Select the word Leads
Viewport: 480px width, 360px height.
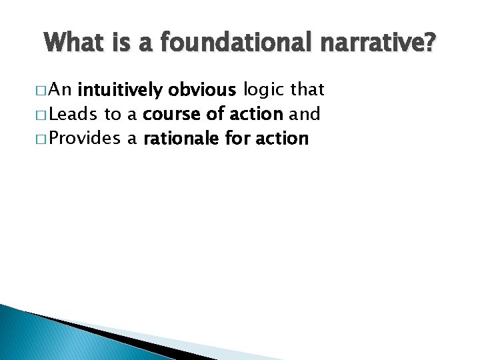pyautogui.click(x=73, y=114)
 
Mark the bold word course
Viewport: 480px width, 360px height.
pyautogui.click(x=173, y=114)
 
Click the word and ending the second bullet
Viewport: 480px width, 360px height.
pyautogui.click(x=305, y=114)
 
